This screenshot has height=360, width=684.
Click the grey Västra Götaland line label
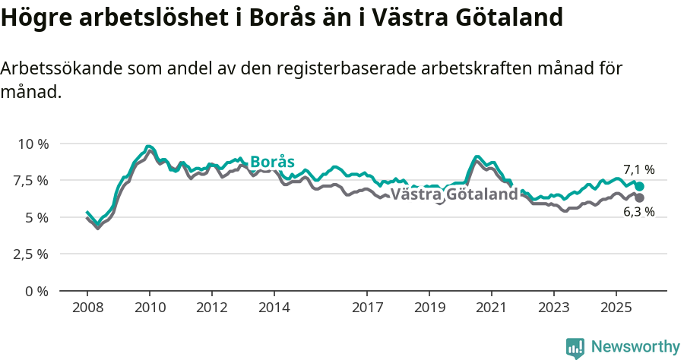pos(454,194)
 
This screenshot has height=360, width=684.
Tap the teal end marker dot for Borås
pos(639,186)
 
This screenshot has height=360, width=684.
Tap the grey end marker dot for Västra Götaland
pos(639,197)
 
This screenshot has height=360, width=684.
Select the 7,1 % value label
pos(638,170)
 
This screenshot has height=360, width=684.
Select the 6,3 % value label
pos(638,212)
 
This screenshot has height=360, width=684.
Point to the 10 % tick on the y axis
pos(33,144)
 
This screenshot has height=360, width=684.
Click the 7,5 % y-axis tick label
pos(31,181)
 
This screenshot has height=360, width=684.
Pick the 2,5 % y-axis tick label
pos(31,254)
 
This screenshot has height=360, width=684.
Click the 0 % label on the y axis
pos(38,291)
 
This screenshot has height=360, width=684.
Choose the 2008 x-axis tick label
pos(87,308)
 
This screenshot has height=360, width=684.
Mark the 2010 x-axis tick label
pos(150,308)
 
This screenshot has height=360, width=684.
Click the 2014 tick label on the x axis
pos(274,308)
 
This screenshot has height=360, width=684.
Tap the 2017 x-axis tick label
pos(367,308)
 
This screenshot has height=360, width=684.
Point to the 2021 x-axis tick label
pos(491,308)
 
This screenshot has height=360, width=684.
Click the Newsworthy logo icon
pos(575,347)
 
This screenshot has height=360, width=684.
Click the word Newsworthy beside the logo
pos(635,347)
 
